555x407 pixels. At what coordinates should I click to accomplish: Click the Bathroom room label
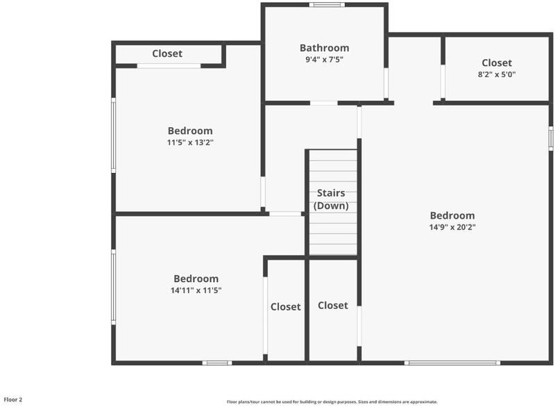[x=324, y=48]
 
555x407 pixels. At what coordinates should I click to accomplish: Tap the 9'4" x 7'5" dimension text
[x=324, y=60]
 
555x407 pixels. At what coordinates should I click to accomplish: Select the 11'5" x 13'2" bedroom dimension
[x=190, y=142]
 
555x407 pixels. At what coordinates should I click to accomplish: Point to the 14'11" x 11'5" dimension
[x=196, y=290]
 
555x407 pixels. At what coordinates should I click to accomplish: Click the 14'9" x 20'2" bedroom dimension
[x=452, y=227]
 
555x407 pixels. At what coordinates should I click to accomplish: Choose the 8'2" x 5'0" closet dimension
[x=497, y=74]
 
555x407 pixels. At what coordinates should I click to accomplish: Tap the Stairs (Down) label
[x=331, y=199]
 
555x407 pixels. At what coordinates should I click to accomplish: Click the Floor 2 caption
[x=13, y=399]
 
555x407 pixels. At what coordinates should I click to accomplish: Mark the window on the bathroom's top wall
[x=327, y=5]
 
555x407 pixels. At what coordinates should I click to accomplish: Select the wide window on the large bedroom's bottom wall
[x=452, y=363]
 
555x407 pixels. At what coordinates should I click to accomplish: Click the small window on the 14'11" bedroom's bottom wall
[x=217, y=363]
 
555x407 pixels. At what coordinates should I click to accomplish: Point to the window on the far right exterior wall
[x=551, y=138]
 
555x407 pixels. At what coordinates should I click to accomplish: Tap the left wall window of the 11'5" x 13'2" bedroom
[x=114, y=135]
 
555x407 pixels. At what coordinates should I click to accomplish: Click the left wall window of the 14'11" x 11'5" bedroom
[x=114, y=287]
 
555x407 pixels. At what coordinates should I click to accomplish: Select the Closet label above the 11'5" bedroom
[x=167, y=53]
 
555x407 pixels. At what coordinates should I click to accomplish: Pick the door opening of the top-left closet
[x=169, y=66]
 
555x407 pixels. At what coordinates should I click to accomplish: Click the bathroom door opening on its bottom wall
[x=324, y=103]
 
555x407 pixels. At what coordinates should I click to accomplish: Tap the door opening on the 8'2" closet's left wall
[x=443, y=81]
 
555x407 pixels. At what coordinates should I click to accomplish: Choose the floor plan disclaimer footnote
[x=332, y=401]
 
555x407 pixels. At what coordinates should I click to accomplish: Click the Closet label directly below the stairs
[x=333, y=306]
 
